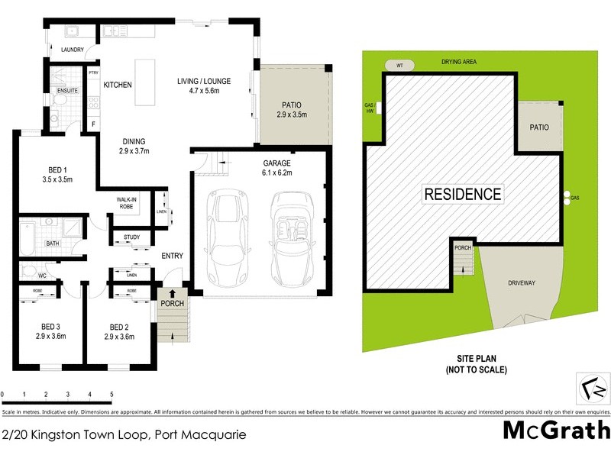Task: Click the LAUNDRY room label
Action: coord(72,50)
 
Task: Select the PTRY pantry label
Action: coord(94,73)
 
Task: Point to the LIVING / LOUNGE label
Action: coord(203,81)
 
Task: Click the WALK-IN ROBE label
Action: coord(126,202)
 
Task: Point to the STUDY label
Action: coord(131,237)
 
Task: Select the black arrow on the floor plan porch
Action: coord(171,292)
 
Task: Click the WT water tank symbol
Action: coord(399,65)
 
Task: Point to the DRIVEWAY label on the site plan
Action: coord(522,282)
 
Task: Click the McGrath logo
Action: coord(555,429)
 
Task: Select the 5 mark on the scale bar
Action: coord(112,395)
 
